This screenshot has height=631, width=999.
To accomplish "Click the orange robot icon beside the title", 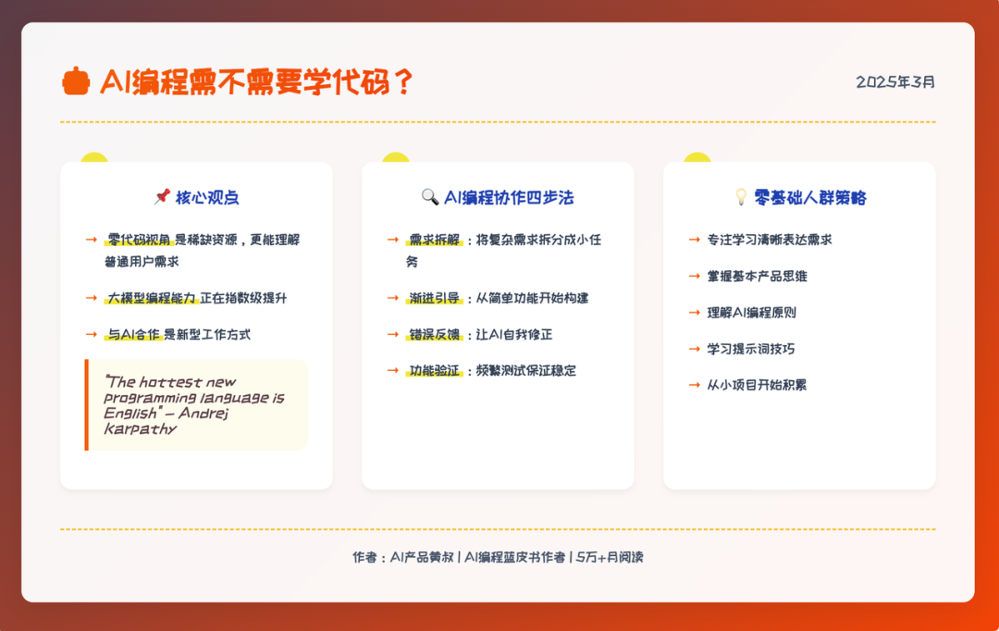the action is [76, 81].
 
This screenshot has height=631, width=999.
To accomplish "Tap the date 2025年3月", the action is [895, 82].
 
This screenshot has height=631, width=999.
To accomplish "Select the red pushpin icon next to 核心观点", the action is [162, 197].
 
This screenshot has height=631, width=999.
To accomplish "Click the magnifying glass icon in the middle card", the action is [430, 197].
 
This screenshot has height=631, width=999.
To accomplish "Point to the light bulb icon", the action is [741, 197].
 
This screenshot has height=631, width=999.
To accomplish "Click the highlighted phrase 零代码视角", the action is [139, 240].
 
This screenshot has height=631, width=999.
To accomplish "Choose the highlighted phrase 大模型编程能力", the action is [151, 298].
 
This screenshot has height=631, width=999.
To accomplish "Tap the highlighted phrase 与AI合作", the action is [133, 335].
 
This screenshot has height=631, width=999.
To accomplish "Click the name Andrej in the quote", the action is [203, 413].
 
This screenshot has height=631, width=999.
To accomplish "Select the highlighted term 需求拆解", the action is [435, 240].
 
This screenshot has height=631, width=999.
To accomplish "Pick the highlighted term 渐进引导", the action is [435, 298].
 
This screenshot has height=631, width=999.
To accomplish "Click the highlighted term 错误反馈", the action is [435, 335].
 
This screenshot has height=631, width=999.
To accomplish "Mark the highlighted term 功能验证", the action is [435, 371].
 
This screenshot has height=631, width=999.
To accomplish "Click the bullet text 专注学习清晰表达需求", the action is [770, 240].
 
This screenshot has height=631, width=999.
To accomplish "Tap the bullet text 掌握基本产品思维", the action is [757, 276].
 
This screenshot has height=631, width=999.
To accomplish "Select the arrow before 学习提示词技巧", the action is [695, 349].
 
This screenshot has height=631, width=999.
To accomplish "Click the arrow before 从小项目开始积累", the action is [695, 385].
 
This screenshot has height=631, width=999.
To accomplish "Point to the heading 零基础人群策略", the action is [810, 198].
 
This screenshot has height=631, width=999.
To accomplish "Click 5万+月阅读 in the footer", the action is [610, 557].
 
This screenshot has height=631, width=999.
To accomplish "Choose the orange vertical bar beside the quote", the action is [87, 404].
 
